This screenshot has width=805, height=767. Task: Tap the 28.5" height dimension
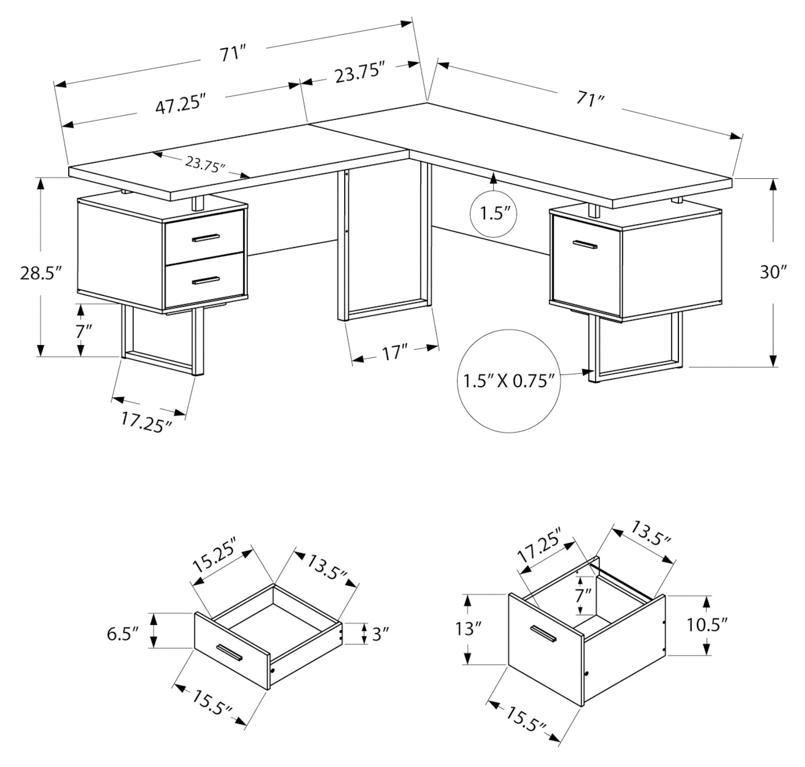(x=42, y=274)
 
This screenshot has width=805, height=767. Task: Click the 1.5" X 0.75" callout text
(x=509, y=380)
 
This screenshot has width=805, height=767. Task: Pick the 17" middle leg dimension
(x=396, y=353)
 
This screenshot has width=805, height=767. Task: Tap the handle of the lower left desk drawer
(x=205, y=281)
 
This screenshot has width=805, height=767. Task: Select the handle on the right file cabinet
(x=585, y=244)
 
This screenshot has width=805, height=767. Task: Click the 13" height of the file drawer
(x=465, y=629)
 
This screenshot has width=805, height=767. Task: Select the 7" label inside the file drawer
(x=583, y=595)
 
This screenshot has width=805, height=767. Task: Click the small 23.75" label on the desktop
(x=205, y=165)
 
